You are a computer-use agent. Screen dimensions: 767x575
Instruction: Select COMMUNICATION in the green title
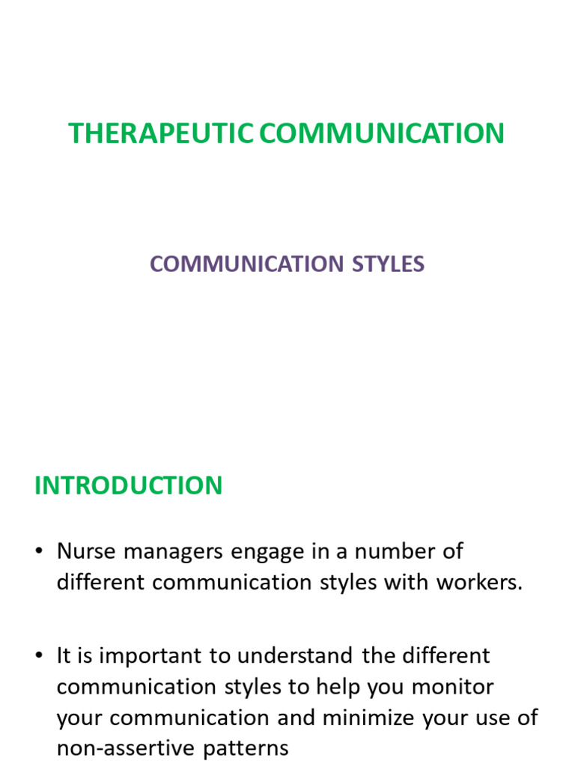(382, 133)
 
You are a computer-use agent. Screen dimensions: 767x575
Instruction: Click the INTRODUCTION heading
(128, 485)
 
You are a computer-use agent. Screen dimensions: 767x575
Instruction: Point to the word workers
(479, 583)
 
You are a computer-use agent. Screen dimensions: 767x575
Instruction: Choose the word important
(153, 657)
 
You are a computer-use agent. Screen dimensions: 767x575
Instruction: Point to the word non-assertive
(128, 748)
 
